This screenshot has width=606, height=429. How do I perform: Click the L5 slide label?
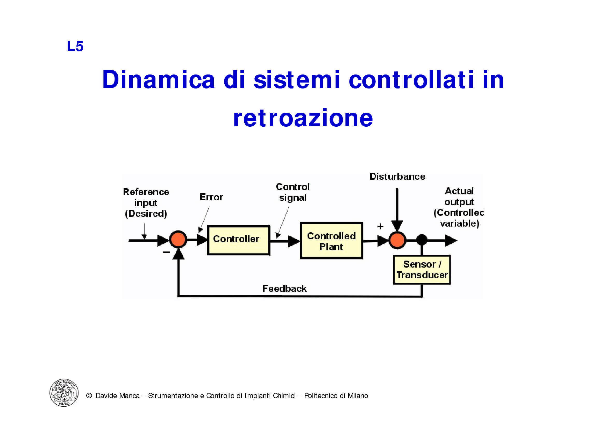click(75, 46)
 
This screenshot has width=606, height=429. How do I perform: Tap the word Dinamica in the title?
click(158, 80)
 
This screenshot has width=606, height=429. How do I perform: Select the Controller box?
click(238, 240)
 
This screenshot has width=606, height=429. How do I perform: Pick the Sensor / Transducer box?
click(422, 270)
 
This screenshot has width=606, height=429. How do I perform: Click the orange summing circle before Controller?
click(178, 239)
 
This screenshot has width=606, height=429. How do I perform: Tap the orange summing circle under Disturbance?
click(397, 240)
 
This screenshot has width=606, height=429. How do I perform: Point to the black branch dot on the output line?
click(422, 240)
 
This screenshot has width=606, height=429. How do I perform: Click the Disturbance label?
click(397, 176)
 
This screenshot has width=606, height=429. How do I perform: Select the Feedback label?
click(284, 289)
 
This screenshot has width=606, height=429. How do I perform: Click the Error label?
click(211, 197)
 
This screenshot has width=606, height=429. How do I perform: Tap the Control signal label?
click(293, 192)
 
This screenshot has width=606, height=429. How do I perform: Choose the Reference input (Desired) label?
click(146, 203)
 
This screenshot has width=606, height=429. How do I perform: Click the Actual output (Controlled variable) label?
click(459, 207)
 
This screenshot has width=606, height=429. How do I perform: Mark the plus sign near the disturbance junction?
click(380, 226)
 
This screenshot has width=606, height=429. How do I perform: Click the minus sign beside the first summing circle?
click(166, 252)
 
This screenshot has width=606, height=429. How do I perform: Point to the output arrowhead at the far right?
click(451, 240)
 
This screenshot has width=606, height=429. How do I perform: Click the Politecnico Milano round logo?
click(64, 392)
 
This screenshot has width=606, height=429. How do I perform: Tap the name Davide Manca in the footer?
click(117, 396)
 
